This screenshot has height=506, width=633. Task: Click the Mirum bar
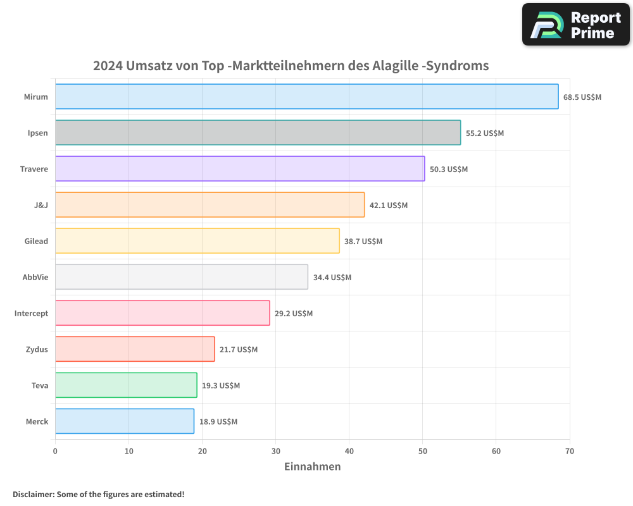[x=306, y=97]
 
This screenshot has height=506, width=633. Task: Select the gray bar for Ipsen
[x=258, y=133]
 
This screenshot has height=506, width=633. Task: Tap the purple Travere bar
[x=239, y=169]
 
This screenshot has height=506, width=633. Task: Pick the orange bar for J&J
[x=210, y=205]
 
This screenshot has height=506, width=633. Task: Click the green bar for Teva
[x=126, y=385]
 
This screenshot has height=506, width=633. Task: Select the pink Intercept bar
[x=162, y=313]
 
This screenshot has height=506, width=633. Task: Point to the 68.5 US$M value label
[x=582, y=97]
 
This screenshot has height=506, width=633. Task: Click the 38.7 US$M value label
[x=363, y=242]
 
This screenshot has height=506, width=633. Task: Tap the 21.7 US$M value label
[x=239, y=350]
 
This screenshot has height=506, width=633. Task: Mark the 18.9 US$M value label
[x=218, y=422]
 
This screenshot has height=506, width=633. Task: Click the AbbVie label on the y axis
[x=35, y=277]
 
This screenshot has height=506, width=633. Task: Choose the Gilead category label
[x=37, y=241]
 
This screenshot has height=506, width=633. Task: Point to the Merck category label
[x=37, y=421]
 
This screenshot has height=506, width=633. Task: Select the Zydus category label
[x=37, y=349]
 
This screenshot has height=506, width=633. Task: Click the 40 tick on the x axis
[x=349, y=451]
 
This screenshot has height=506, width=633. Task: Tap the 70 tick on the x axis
[x=570, y=451]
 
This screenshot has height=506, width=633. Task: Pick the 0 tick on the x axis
[x=55, y=451]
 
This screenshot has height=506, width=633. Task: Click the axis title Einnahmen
[x=312, y=467]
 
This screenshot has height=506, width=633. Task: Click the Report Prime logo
[x=575, y=25]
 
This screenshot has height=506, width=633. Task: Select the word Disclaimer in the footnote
[x=33, y=494]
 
